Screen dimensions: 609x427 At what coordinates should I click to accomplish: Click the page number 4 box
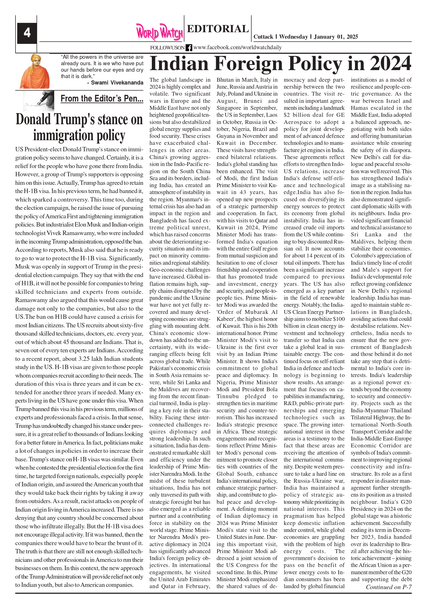(x=27, y=33)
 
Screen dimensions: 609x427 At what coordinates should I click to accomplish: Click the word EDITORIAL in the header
(x=218, y=29)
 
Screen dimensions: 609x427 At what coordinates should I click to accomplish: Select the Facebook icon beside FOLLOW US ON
(x=189, y=48)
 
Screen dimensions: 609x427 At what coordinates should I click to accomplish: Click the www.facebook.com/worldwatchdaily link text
(x=237, y=47)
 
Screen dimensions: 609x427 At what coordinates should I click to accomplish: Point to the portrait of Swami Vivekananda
(x=35, y=71)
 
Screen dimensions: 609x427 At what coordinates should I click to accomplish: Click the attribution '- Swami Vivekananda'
(x=115, y=83)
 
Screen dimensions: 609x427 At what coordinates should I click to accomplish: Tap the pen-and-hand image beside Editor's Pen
(x=38, y=101)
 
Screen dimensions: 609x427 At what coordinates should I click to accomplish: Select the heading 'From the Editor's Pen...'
(x=102, y=99)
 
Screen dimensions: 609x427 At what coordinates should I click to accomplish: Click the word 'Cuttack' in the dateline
(x=263, y=37)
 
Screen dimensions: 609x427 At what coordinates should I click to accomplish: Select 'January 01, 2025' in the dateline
(x=336, y=37)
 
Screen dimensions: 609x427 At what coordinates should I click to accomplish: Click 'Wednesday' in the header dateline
(x=293, y=37)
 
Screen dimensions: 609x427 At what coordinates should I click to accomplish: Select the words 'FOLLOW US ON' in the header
(x=167, y=48)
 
